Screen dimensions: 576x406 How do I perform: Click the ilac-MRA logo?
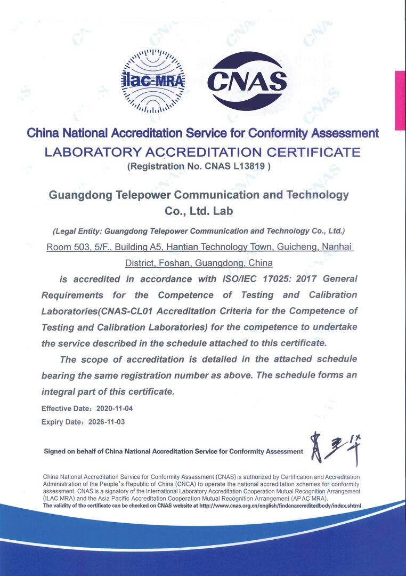(153, 81)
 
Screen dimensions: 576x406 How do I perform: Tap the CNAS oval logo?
(246, 81)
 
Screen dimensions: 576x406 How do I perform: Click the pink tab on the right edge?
(400, 100)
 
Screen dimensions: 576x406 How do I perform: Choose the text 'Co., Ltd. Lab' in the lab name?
(199, 211)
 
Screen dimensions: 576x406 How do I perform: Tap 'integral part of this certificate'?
(108, 391)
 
